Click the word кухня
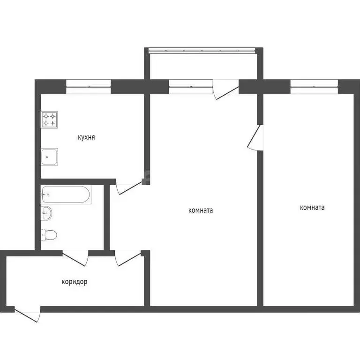[86, 137]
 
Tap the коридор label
[75, 282]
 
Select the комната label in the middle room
[200, 210]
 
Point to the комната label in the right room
[312, 207]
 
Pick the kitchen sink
[49, 157]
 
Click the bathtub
[66, 195]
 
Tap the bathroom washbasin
[46, 214]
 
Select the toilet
[49, 234]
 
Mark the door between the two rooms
[255, 137]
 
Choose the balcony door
[226, 89]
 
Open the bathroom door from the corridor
[75, 256]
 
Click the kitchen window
[88, 84]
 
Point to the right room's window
[314, 84]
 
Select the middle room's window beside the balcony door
[190, 84]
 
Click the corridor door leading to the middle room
[128, 256]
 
